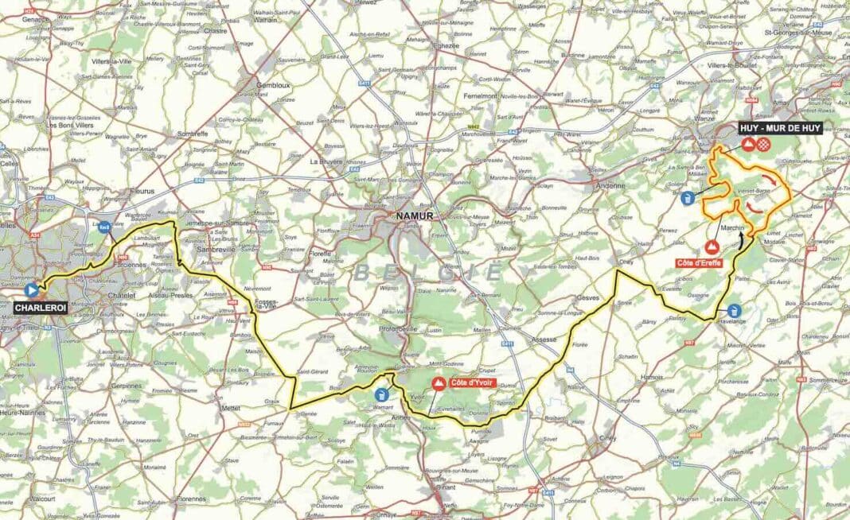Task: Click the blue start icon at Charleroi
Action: coord(32,291)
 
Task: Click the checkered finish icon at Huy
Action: coord(764,145)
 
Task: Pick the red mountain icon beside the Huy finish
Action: coord(748,145)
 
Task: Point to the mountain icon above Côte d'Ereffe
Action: coord(711,246)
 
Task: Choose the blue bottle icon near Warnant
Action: coord(383,394)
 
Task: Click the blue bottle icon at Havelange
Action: coord(733,310)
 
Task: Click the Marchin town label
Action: coord(732,228)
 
